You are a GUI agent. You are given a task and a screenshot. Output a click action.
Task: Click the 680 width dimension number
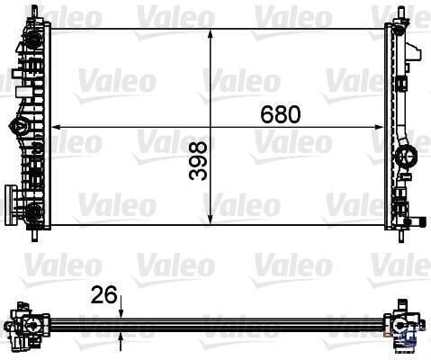280,115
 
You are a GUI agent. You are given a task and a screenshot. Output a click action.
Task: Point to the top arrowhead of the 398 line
210,32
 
